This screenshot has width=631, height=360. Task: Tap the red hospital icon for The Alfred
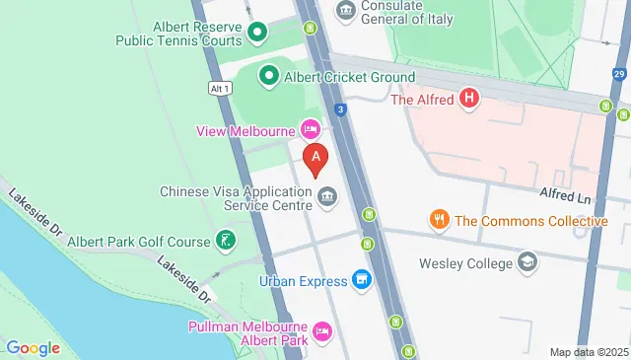tap(470, 99)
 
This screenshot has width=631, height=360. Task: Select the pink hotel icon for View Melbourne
tap(311, 130)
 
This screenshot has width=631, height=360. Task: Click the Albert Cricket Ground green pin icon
tap(268, 76)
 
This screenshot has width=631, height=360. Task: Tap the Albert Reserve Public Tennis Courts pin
tap(257, 34)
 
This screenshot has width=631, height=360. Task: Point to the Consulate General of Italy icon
tap(345, 10)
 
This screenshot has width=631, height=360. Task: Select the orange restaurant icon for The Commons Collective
tap(440, 220)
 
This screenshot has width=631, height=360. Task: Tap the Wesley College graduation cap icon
tap(528, 263)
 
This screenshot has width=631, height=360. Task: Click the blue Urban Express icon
tap(361, 280)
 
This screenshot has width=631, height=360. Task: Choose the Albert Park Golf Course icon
tap(227, 241)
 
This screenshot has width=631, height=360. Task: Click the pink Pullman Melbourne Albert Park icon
tap(321, 330)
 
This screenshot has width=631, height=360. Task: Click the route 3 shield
tap(339, 109)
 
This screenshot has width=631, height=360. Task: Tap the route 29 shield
tap(618, 75)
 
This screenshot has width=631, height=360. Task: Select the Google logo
tap(33, 347)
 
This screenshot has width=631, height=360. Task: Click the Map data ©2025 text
tap(589, 352)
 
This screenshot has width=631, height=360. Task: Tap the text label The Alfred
tap(422, 99)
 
